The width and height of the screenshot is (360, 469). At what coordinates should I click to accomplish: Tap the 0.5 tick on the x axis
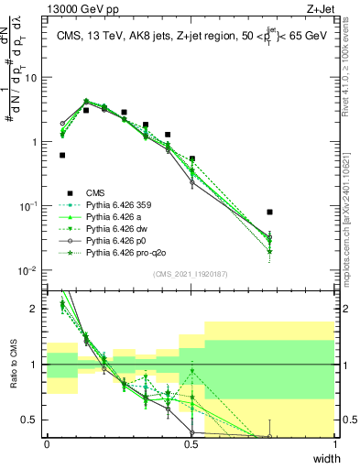tap(191, 446)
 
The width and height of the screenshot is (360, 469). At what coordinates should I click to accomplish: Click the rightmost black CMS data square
tap(269, 212)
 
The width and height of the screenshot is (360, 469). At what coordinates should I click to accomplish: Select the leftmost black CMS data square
tap(62, 155)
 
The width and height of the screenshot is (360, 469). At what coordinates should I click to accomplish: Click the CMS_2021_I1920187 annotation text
tap(191, 273)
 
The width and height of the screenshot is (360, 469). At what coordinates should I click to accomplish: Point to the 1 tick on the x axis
tap(335, 446)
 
